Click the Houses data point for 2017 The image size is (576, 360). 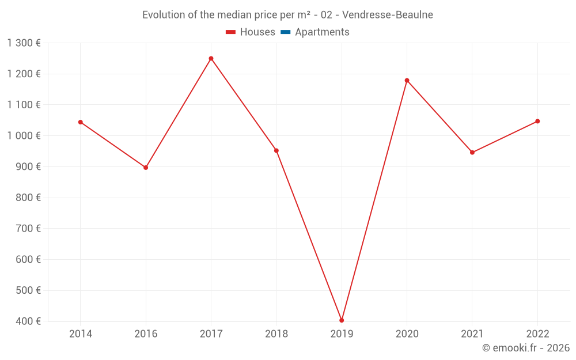pos(211,58)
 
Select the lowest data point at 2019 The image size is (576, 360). pos(342,320)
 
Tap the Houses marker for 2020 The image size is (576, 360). pos(407,81)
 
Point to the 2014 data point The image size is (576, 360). pos(81,122)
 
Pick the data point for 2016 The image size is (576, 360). pos(146,168)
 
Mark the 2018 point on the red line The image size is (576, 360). pos(276,151)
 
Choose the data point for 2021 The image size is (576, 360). pos(472,153)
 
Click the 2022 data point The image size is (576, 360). pos(537,121)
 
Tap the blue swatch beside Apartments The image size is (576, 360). pos(285,32)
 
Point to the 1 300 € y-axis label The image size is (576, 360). pos(24,43)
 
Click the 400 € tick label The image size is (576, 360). pos(28,321)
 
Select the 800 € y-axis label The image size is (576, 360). pos(28,198)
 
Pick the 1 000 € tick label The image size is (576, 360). pos(24,136)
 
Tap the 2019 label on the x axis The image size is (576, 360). pos(342,334)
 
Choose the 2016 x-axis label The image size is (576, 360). pos(146,334)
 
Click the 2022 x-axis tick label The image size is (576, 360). pos(537,334)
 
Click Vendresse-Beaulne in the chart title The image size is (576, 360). pos(387,15)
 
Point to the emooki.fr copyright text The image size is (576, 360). pos(526,348)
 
